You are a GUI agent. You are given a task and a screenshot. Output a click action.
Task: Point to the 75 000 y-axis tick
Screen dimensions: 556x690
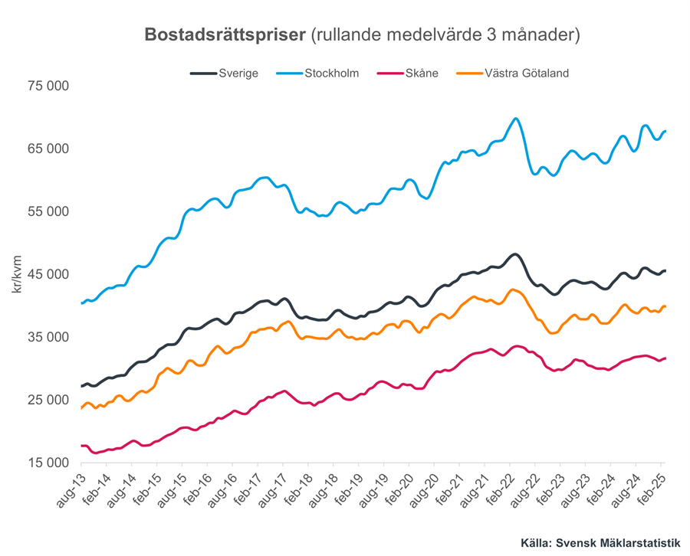48,86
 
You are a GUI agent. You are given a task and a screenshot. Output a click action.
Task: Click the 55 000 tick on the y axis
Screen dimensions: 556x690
48,211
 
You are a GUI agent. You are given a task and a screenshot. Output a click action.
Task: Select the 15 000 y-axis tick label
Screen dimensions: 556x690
48,463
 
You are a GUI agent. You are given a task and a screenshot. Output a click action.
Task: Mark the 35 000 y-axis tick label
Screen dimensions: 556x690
48,337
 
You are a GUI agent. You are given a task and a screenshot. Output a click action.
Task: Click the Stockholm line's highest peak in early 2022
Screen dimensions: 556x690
515,119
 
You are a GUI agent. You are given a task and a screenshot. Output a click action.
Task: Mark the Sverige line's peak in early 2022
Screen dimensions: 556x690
514,254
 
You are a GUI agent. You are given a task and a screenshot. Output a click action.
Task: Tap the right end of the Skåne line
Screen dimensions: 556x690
665,358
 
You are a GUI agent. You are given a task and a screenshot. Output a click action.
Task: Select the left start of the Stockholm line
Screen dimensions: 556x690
81,303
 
